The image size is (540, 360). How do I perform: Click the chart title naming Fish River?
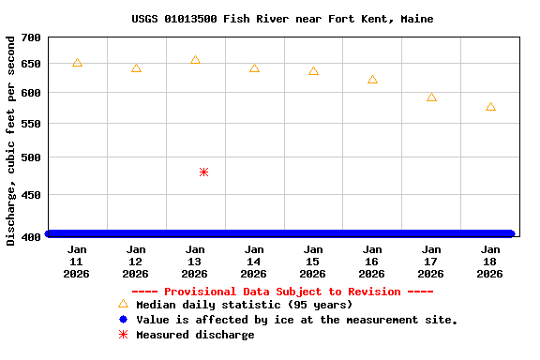282,19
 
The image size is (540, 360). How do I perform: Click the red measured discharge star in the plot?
203,172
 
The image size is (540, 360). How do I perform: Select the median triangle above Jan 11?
77,63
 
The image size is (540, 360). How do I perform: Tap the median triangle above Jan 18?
490,107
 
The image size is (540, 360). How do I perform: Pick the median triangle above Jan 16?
372,80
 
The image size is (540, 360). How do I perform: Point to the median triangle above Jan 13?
195,60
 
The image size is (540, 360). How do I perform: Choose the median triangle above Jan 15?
313,71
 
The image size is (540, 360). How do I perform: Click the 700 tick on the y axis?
31,37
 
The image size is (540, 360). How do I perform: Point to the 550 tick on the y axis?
31,124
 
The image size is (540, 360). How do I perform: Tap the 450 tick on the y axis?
31,195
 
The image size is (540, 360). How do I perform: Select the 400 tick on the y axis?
31,235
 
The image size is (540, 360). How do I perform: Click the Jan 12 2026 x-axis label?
136,262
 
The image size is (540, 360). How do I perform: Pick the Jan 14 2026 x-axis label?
254,262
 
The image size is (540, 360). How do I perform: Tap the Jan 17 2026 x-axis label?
431,262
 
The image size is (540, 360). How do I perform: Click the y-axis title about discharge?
11,141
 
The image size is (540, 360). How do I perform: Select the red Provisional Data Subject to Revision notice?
282,292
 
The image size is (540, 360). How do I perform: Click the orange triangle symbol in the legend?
123,304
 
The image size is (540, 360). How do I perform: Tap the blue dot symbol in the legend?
123,320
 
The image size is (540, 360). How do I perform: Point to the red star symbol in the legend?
123,335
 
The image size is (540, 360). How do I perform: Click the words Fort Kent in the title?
361,19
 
